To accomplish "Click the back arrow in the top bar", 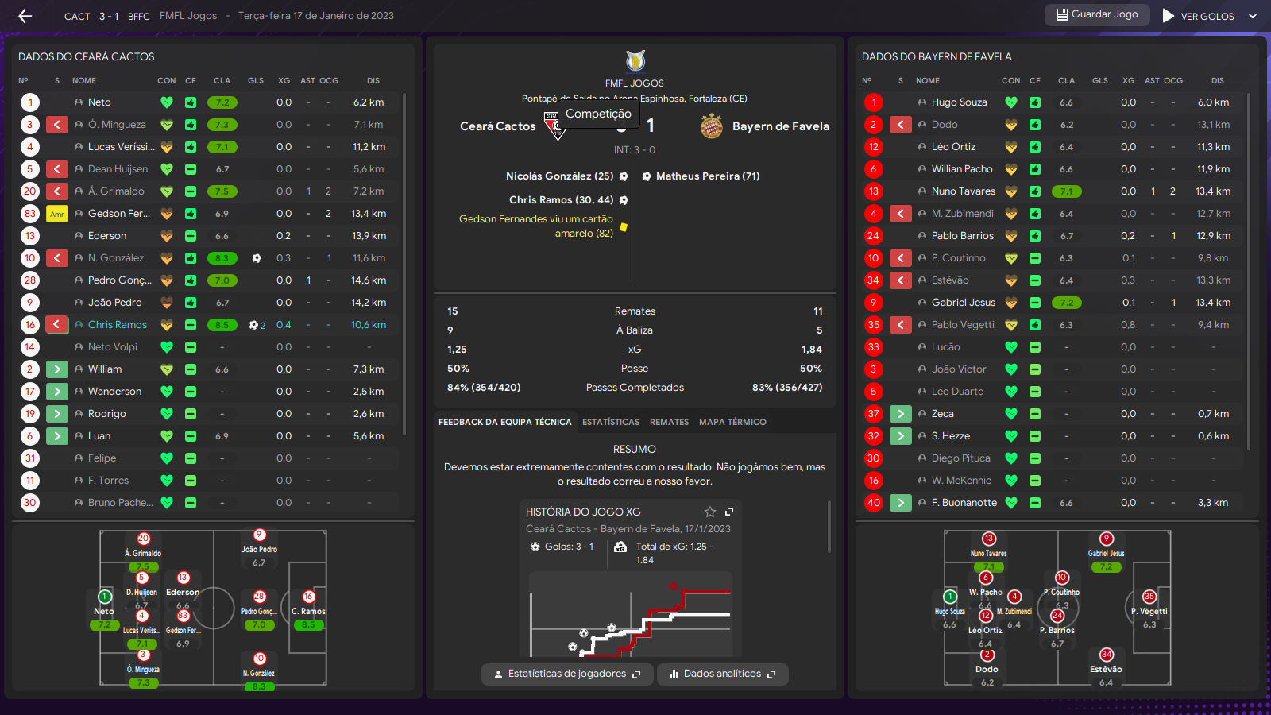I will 25,16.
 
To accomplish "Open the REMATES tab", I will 669,422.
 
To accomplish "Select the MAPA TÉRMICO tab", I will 732,422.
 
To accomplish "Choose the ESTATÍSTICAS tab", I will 610,422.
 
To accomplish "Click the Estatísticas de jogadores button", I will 567,674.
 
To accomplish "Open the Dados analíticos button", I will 722,674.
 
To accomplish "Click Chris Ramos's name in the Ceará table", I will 118,325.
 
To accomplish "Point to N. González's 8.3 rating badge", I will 222,258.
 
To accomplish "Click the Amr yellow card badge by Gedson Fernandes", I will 57,214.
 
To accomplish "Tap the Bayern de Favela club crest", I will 712,126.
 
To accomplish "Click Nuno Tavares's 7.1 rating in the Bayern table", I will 1066,191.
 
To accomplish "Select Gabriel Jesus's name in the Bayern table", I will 963,303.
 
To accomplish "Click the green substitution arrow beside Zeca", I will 900,414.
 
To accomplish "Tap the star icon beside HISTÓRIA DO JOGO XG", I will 710,512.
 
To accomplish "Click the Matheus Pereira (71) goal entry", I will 707,176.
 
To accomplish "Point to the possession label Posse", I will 635,369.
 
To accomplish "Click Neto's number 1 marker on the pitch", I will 105,597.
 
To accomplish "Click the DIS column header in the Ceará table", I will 373,80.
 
